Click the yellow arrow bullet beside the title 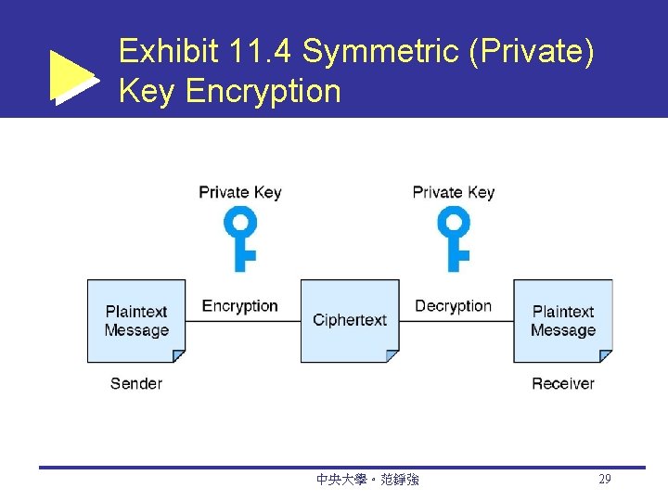click(72, 76)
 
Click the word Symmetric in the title click(381, 52)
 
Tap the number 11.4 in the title click(263, 52)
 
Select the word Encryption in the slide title click(263, 91)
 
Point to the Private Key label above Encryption click(240, 192)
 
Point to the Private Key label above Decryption click(454, 192)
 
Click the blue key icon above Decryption click(455, 238)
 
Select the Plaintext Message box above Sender click(136, 321)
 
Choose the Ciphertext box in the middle click(350, 321)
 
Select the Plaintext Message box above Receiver click(563, 321)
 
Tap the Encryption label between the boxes click(240, 306)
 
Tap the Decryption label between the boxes click(454, 306)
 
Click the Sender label click(136, 383)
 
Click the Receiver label click(563, 383)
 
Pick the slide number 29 click(605, 480)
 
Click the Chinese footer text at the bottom click(367, 480)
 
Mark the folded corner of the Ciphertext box click(392, 355)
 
